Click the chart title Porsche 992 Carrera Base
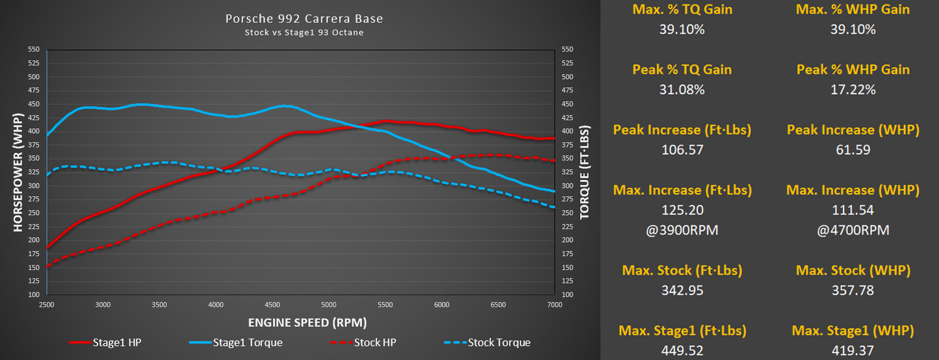click(x=303, y=18)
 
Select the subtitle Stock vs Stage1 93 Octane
click(x=303, y=32)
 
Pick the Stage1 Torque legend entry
click(x=248, y=342)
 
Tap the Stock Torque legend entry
click(x=498, y=342)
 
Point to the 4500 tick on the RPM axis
click(x=272, y=305)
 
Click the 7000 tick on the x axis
click(x=554, y=305)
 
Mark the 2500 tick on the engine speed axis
click(x=47, y=305)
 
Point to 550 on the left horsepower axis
click(x=33, y=49)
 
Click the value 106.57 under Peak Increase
click(x=682, y=149)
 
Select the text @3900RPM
click(x=682, y=230)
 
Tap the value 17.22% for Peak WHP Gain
click(x=853, y=90)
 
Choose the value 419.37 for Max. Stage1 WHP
click(x=853, y=351)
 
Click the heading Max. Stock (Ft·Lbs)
click(x=682, y=270)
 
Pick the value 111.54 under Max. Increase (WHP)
click(x=853, y=210)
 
